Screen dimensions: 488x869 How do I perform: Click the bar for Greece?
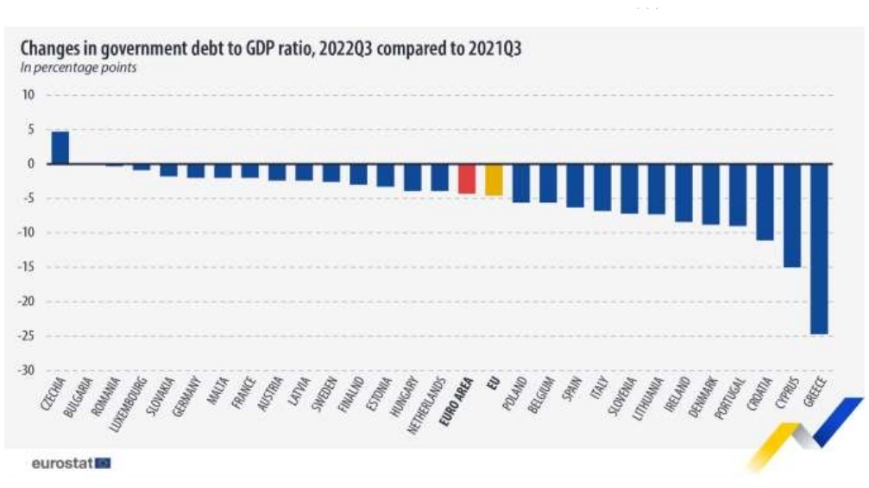(x=819, y=248)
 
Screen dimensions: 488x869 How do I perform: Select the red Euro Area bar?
(x=467, y=179)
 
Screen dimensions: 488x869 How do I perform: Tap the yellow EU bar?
(x=494, y=180)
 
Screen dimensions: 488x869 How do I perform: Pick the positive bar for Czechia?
(x=60, y=148)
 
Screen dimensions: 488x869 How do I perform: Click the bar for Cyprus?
(x=791, y=215)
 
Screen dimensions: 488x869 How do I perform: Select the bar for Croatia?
(x=765, y=201)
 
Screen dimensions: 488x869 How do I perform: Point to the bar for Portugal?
(x=738, y=194)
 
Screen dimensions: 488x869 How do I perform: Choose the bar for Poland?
(x=521, y=183)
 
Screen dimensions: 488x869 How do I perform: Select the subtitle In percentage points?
(x=79, y=67)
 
